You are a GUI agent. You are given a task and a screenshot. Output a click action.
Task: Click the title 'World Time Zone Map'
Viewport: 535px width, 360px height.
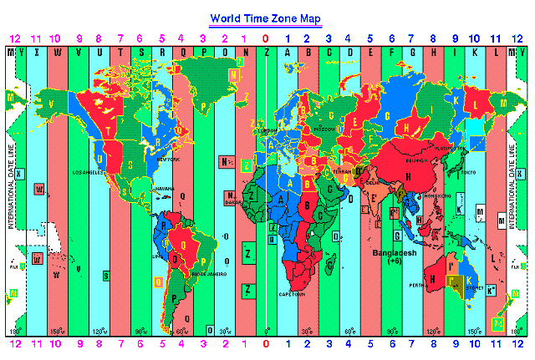point(265,18)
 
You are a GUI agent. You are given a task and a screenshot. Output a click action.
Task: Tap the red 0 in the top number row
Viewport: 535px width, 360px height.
point(266,38)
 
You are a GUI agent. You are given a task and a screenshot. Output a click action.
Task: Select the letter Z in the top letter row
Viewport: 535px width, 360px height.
point(266,53)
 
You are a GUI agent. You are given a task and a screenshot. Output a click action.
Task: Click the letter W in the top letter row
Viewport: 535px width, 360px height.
point(57,53)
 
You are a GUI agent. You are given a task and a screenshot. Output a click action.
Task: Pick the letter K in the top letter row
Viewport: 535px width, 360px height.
point(475,53)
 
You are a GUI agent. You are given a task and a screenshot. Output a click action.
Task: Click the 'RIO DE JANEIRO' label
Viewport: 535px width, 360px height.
point(209,273)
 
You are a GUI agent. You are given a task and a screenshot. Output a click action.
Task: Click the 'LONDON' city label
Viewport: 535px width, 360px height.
point(268,130)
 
